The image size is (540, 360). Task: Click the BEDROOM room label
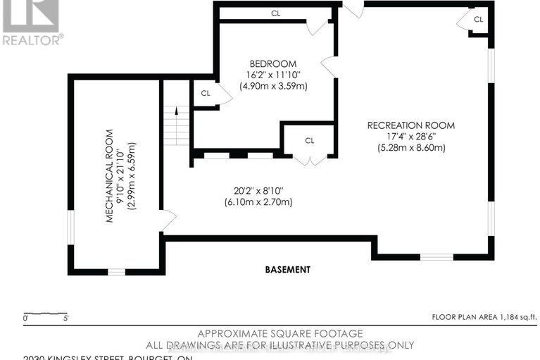pyautogui.click(x=272, y=63)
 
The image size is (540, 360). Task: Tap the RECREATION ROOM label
pyautogui.click(x=410, y=125)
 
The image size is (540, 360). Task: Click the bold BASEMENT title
pyautogui.click(x=287, y=269)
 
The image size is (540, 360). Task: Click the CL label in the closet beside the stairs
pyautogui.click(x=206, y=93)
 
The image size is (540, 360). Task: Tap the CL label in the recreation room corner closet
pyautogui.click(x=478, y=19)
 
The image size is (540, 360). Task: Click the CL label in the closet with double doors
pyautogui.click(x=309, y=140)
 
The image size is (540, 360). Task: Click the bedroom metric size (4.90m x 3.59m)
pyautogui.click(x=272, y=86)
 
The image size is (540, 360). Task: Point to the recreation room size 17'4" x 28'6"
pyautogui.click(x=410, y=137)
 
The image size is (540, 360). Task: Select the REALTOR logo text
pyautogui.click(x=32, y=40)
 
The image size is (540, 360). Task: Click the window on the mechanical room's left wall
pyautogui.click(x=70, y=229)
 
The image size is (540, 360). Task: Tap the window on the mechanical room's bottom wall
pyautogui.click(x=116, y=271)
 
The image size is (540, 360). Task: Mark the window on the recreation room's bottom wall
pyautogui.click(x=437, y=257)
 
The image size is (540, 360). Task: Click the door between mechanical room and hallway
pyautogui.click(x=168, y=221)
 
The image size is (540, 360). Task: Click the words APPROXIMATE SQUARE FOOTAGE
pyautogui.click(x=280, y=333)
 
